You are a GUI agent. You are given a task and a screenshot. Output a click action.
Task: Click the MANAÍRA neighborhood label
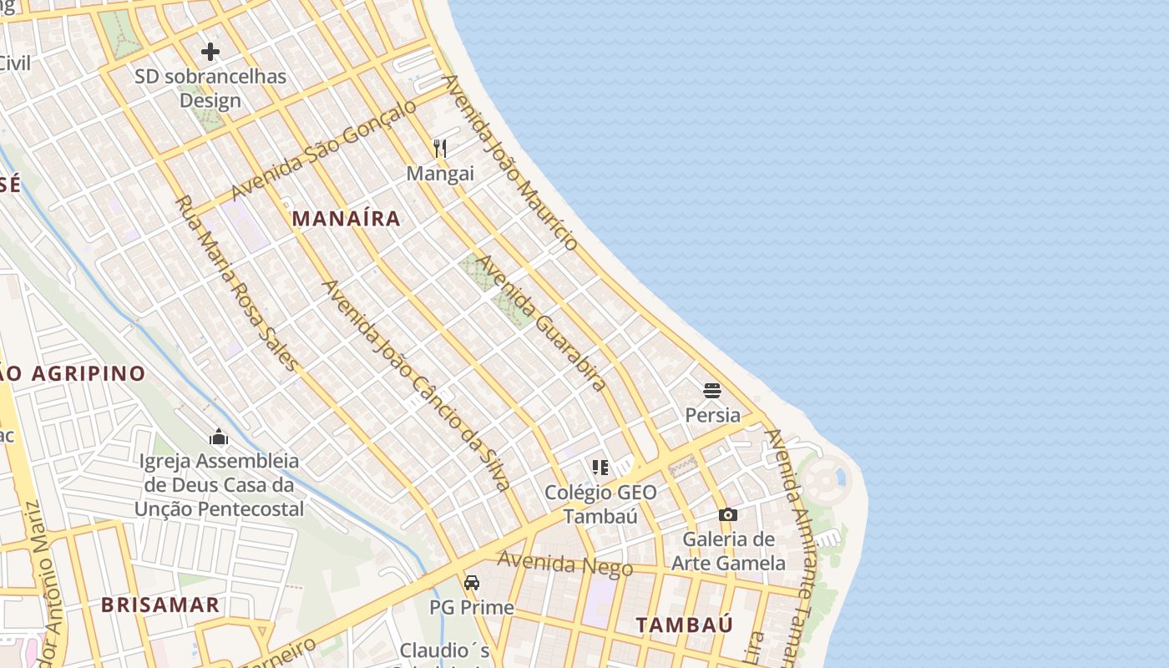346,219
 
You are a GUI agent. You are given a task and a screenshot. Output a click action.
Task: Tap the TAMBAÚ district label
684,625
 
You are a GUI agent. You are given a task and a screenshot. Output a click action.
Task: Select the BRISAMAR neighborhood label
160,605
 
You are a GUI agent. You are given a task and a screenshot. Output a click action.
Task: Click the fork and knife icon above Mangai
440,149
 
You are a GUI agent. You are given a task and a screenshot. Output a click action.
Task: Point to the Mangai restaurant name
440,174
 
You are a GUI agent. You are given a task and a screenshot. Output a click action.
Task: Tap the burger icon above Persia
712,391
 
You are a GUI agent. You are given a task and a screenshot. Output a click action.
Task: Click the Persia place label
712,415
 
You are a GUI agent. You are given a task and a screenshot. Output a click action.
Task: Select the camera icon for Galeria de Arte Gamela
728,515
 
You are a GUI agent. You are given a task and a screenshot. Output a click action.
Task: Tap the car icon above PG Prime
472,583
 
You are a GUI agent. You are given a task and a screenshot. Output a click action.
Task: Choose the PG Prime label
472,607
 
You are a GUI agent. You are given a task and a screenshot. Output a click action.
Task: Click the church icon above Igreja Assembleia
219,437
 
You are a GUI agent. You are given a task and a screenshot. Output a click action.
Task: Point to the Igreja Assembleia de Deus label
219,484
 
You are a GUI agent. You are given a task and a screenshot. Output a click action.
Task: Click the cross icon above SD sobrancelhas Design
210,52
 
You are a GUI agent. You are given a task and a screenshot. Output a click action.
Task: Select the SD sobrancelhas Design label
210,89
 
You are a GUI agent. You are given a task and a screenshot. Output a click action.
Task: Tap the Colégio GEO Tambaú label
600,504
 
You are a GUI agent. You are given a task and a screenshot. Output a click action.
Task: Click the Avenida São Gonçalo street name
323,150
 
